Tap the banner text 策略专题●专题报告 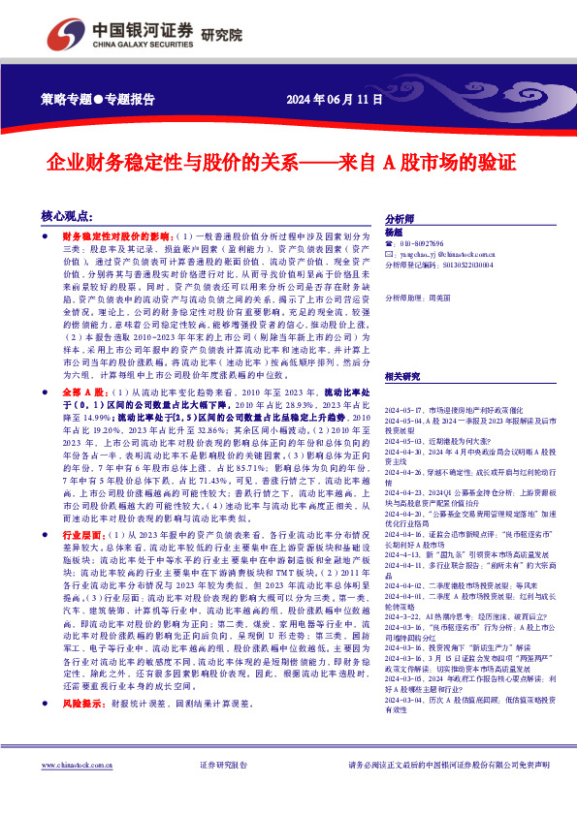[99, 99]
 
